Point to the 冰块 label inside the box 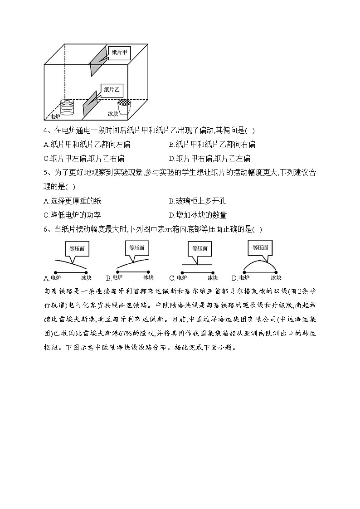click(x=113, y=114)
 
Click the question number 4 click(x=46, y=131)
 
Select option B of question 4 click(x=212, y=145)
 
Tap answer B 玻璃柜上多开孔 click(x=197, y=201)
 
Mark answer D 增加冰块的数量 click(x=197, y=215)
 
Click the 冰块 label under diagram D click(x=276, y=278)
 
